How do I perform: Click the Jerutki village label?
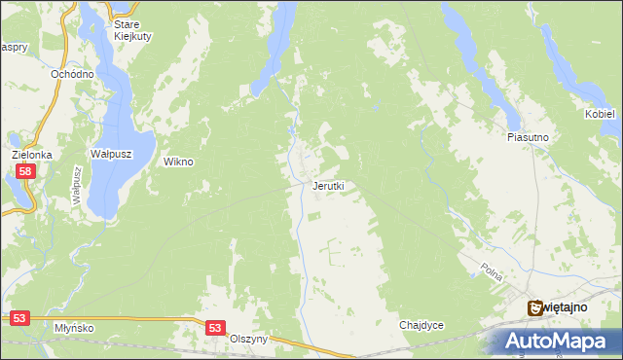pos(328,185)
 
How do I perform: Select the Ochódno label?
pos(73,74)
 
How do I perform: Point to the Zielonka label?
pos(31,155)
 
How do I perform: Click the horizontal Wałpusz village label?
pos(110,154)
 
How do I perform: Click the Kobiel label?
pos(600,114)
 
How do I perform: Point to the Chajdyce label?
pos(421,325)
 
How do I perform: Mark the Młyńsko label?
pos(74,328)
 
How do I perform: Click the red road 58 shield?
pos(26,171)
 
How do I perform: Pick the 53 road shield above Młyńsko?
pos(20,317)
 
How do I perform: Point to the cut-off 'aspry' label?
pos(13,47)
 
